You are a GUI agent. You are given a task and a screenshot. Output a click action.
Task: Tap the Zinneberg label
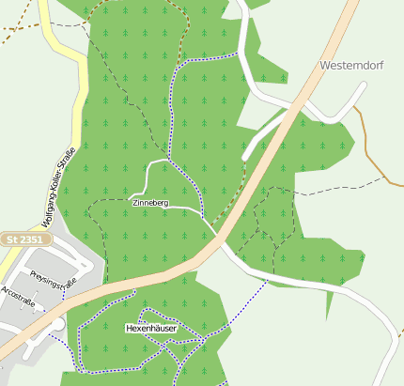coord(150,203)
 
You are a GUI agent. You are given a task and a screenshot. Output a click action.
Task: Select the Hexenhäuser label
coord(150,328)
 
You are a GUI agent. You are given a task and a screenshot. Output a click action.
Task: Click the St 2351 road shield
coord(25,240)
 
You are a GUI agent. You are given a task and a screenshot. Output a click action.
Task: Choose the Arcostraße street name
coord(18,295)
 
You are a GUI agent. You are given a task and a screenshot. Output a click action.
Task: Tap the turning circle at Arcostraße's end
coord(58,324)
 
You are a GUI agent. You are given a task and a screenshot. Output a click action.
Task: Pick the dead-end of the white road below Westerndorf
coord(245,156)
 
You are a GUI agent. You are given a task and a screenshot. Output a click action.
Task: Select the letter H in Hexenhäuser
coord(130,328)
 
